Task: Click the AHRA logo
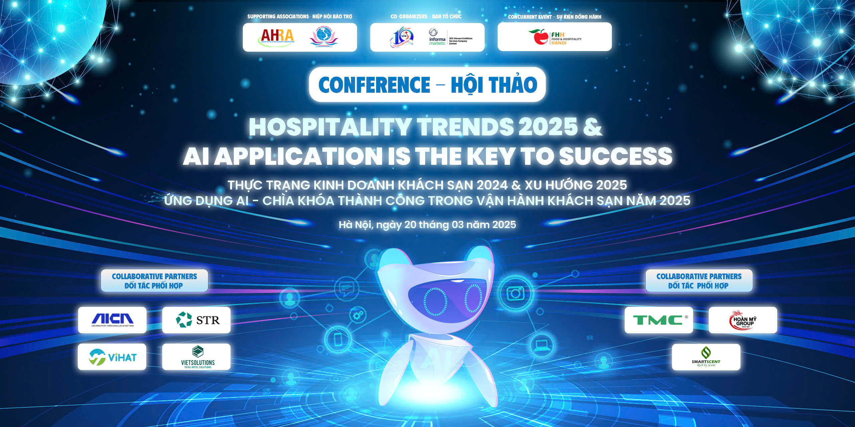click(x=277, y=37)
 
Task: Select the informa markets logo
click(x=437, y=37)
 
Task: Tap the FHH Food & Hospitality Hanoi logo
click(x=555, y=37)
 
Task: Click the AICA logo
click(x=112, y=320)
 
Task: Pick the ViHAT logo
click(x=112, y=357)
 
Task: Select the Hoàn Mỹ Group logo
click(x=743, y=320)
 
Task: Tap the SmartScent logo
click(x=706, y=357)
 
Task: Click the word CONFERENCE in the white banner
click(x=374, y=85)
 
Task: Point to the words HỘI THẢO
click(x=494, y=85)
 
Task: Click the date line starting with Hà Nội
click(x=427, y=225)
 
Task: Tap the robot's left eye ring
click(x=435, y=301)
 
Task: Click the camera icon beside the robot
click(x=515, y=293)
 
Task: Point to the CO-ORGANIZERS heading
click(x=409, y=16)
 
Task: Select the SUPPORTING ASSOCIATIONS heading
click(x=278, y=16)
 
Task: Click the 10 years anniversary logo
click(x=402, y=37)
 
